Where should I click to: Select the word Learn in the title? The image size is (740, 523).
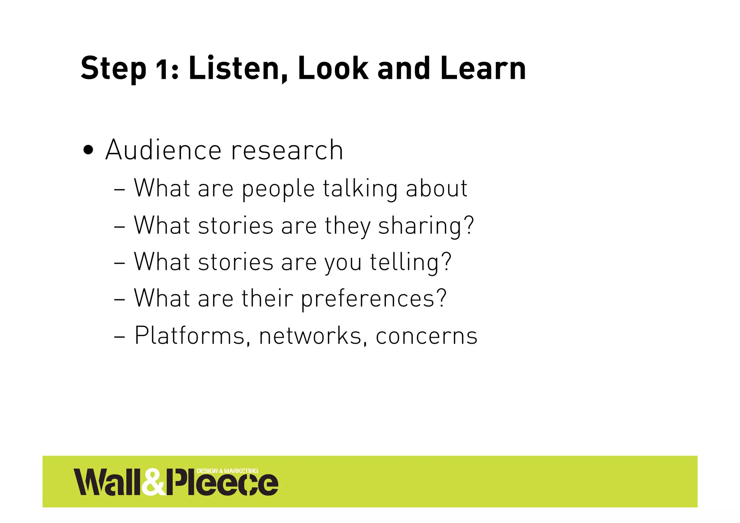[483, 68]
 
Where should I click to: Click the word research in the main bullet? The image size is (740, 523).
[287, 150]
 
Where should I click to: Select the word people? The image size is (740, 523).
[278, 189]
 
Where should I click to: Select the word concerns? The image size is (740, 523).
[426, 336]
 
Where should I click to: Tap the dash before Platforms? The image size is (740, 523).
[119, 336]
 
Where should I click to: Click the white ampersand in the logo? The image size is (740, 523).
[153, 482]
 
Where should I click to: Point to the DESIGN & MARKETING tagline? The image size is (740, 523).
[227, 471]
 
